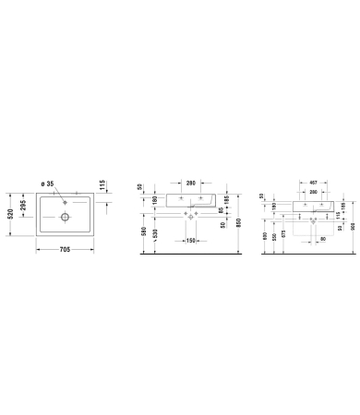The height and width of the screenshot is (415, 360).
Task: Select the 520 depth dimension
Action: tap(10, 216)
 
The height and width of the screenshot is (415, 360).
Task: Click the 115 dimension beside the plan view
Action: tap(104, 185)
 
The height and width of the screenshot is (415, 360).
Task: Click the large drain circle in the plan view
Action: tap(66, 218)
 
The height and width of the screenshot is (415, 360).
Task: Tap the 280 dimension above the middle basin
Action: tap(192, 184)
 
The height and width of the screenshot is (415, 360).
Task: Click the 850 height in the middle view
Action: tap(238, 224)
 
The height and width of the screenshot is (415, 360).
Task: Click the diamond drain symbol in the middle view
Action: tap(191, 214)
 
